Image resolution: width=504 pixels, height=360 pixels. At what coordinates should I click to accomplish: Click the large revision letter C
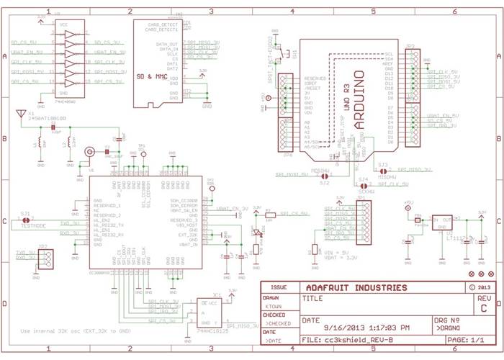pos(484,309)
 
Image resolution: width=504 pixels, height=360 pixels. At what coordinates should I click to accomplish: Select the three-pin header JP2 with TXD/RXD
pos(46,260)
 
